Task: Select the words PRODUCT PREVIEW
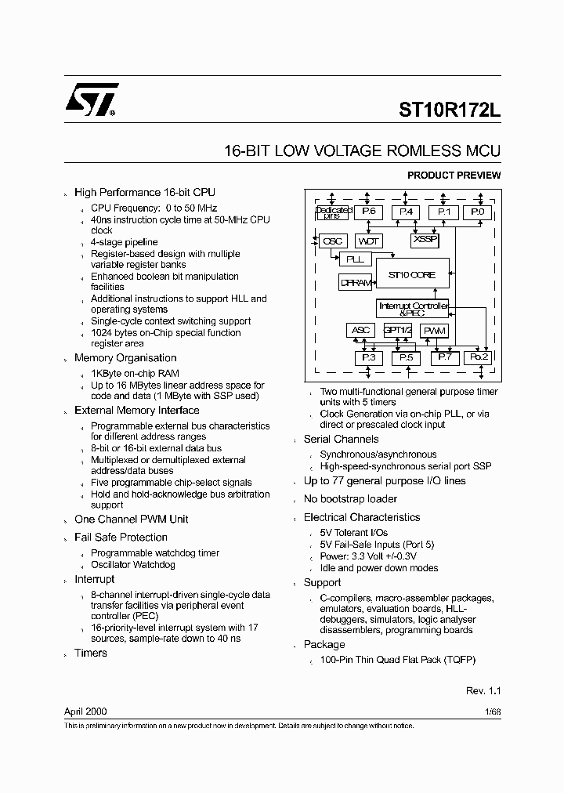click(x=454, y=176)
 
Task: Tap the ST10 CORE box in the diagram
click(x=412, y=275)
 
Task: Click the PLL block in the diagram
click(x=354, y=259)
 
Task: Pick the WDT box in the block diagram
click(x=369, y=241)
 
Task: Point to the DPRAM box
click(x=356, y=283)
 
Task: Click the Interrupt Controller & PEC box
click(x=413, y=308)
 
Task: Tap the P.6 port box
click(x=368, y=212)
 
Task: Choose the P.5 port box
click(x=405, y=358)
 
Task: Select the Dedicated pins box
click(x=333, y=212)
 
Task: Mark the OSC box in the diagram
click(x=333, y=241)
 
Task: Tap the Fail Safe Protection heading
click(x=121, y=538)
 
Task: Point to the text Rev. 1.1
click(x=483, y=691)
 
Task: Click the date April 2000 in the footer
click(x=85, y=712)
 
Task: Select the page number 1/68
click(x=491, y=712)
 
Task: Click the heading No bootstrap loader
click(x=350, y=499)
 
